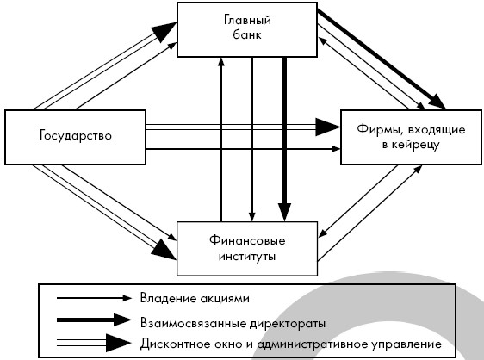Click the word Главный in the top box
pos(247,21)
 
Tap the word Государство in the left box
pos(76,136)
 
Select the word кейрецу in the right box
pos(415,145)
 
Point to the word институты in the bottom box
pos(247,257)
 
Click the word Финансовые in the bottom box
pos(247,240)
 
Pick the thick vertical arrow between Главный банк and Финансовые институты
pos(284,140)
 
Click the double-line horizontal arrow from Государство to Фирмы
pos(243,127)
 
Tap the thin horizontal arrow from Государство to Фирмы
pos(243,149)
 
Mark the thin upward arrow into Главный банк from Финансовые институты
pos(221,140)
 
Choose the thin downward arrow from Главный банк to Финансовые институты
pos(252,140)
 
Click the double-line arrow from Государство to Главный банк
pos(105,65)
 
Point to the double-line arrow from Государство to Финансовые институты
pos(105,213)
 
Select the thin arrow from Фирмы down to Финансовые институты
pos(358,202)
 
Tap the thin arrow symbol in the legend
pos(95,298)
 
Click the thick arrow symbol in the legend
pos(95,320)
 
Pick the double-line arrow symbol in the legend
pos(95,343)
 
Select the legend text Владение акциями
pos(195,298)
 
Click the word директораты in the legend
pos(288,323)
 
